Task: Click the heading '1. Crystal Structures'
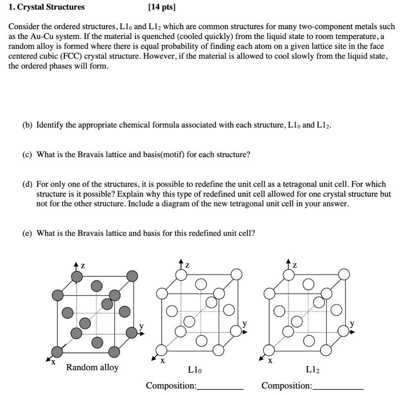click(47, 7)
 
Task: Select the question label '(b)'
click(28, 125)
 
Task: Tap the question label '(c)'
click(28, 154)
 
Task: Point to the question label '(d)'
click(28, 184)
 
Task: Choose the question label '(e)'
click(28, 233)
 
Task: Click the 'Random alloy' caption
click(92, 367)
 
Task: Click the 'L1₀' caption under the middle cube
click(194, 371)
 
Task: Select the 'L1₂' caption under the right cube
click(313, 371)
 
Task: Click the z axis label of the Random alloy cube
click(83, 266)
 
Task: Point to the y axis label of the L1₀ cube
click(245, 324)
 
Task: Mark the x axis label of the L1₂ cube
click(270, 361)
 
